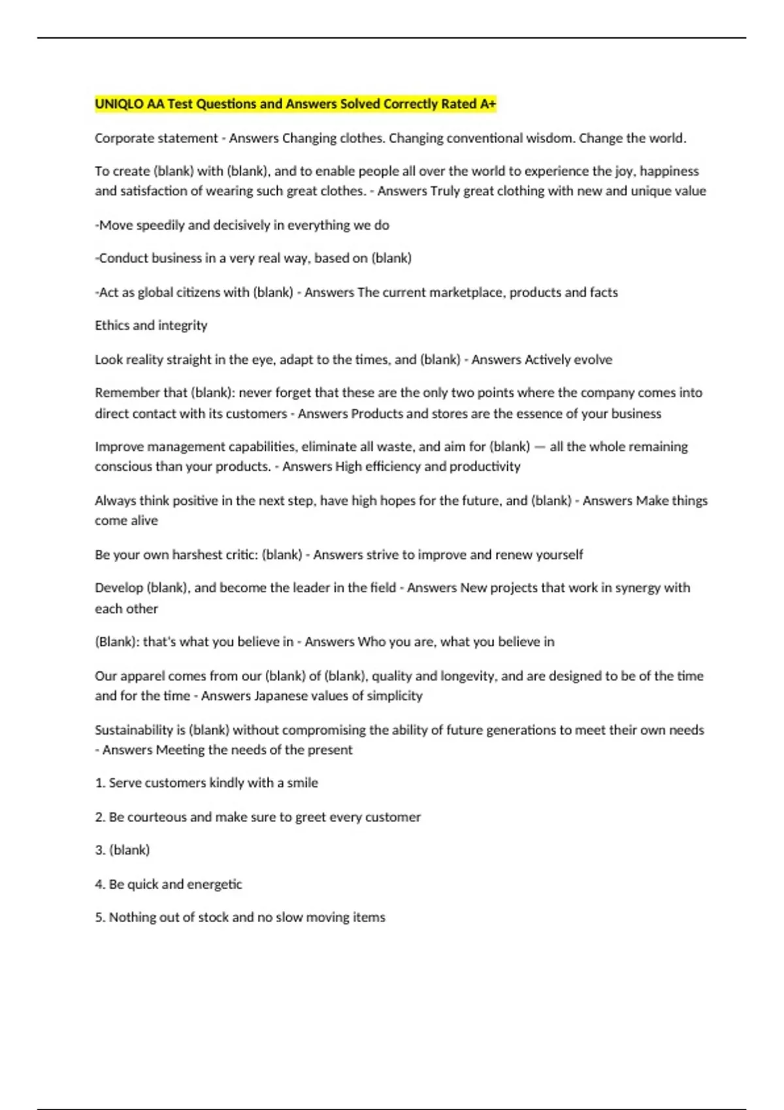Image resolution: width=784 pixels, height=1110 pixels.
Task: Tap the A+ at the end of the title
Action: coord(488,104)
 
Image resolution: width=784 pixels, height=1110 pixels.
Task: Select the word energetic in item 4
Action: coord(214,885)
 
